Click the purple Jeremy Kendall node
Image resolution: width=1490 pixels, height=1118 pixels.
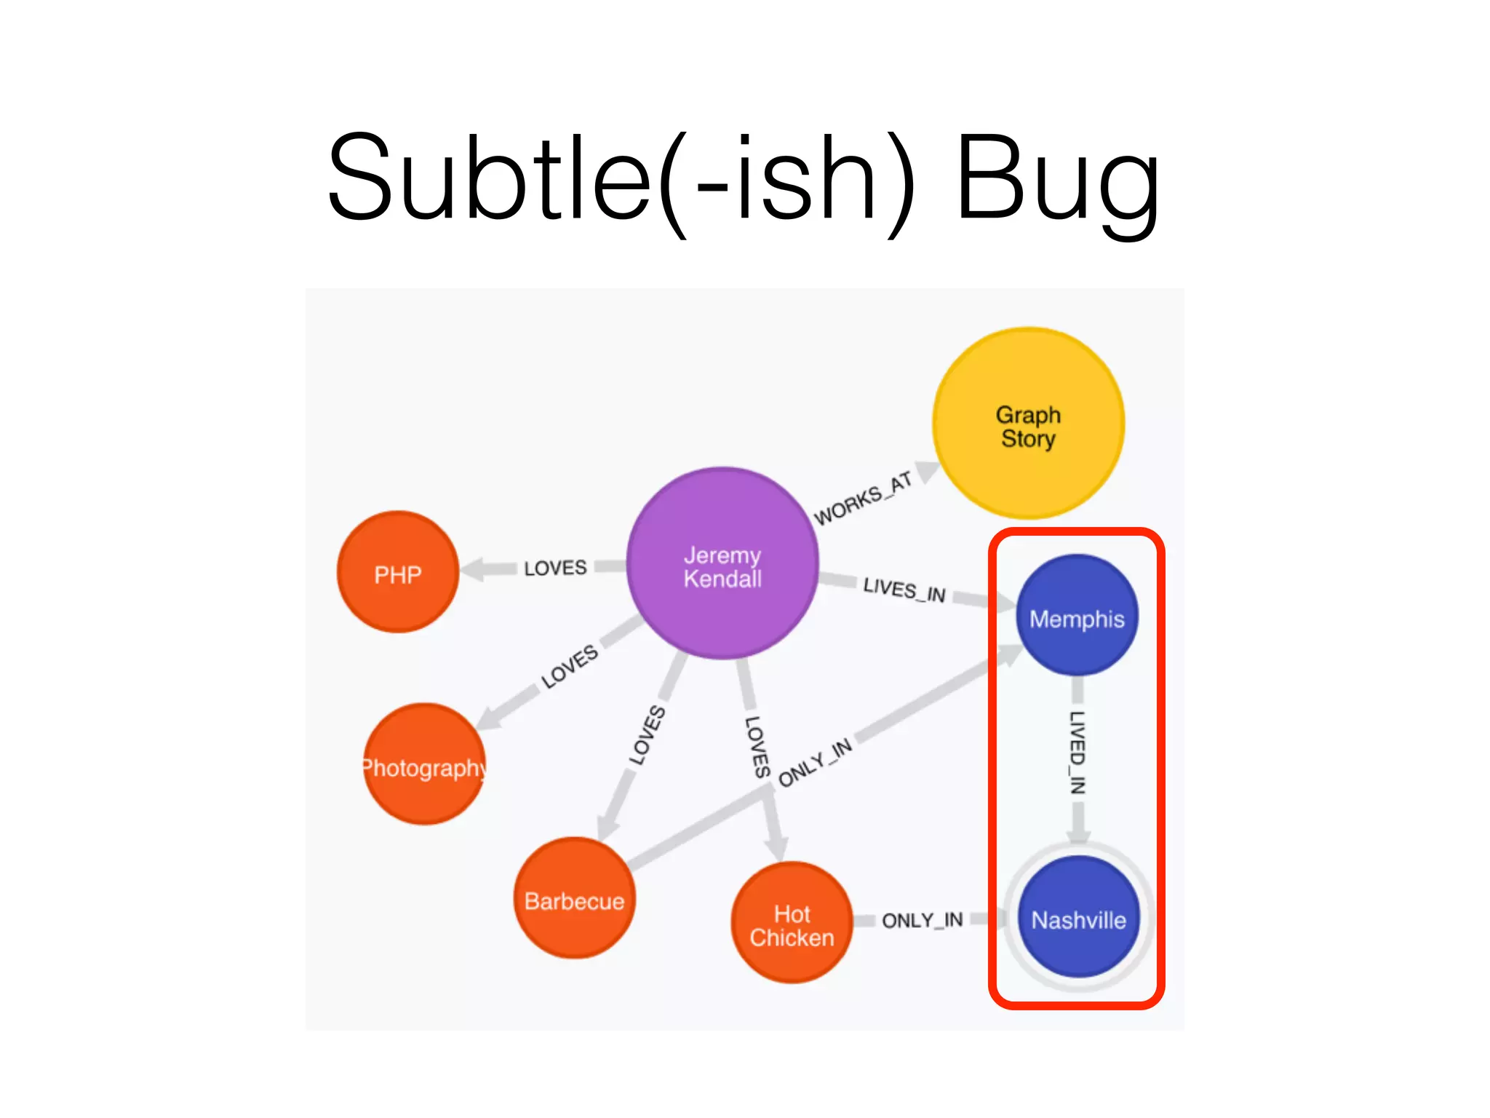[722, 564]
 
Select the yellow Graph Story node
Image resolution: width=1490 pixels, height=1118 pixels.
[1028, 424]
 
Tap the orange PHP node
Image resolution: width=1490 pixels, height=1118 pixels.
[398, 573]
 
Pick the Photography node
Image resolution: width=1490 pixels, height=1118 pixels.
[424, 764]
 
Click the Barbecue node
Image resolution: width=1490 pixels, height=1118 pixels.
[574, 899]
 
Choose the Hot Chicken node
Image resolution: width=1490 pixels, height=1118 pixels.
[792, 923]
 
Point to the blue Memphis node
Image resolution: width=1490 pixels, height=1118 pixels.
[1077, 616]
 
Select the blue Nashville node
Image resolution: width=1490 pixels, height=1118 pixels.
[1078, 918]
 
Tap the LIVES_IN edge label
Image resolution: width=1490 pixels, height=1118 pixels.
[904, 589]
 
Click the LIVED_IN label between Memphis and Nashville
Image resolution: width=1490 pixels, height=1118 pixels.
[1077, 751]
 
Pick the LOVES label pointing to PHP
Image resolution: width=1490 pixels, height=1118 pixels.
[555, 568]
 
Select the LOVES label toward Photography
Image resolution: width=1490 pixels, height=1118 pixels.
[570, 666]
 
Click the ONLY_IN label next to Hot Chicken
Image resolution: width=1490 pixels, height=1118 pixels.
[922, 921]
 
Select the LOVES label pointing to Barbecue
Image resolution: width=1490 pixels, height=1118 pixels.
[647, 735]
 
